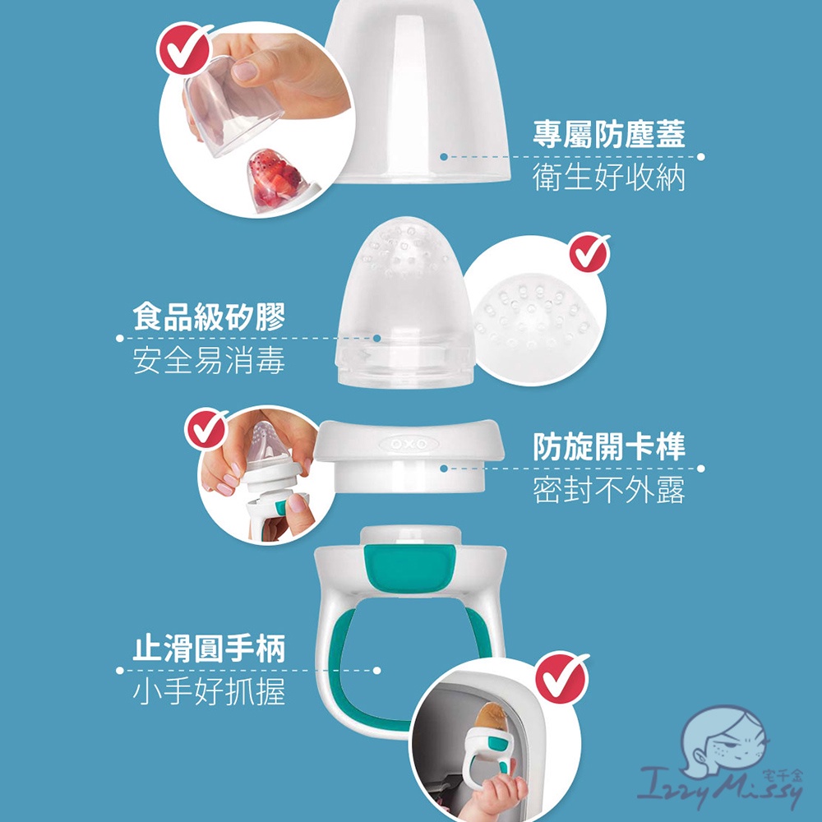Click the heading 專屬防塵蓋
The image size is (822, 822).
click(x=608, y=134)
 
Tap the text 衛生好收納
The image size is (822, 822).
click(x=608, y=178)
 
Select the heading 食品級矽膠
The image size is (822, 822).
click(x=209, y=316)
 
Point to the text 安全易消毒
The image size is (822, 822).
click(x=209, y=360)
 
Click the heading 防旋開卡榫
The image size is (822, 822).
click(x=608, y=446)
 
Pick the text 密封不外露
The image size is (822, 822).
click(x=608, y=490)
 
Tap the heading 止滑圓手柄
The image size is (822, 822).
click(x=209, y=649)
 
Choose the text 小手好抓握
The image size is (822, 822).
click(x=209, y=692)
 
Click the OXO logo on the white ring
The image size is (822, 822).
click(x=409, y=445)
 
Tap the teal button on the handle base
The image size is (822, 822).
click(x=410, y=566)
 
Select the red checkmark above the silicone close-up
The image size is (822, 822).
click(x=589, y=253)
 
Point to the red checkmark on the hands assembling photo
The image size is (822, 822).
click(x=206, y=429)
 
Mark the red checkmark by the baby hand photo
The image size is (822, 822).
click(x=561, y=679)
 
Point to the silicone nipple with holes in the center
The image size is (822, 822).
click(x=404, y=302)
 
